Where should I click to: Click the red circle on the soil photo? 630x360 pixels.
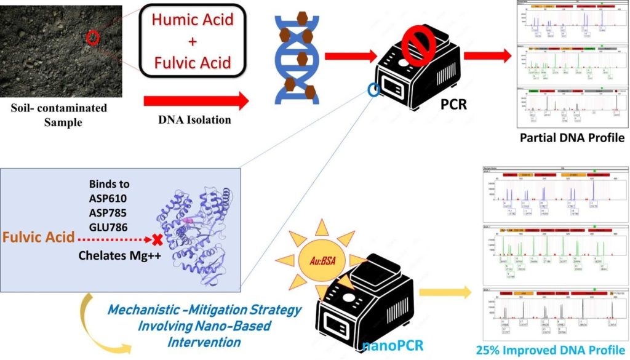(x=92, y=37)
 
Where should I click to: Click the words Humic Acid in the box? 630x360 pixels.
(x=194, y=20)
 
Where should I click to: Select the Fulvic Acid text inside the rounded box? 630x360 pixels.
(x=194, y=62)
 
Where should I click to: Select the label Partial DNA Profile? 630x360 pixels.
(x=572, y=138)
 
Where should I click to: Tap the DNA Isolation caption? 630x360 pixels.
(x=195, y=119)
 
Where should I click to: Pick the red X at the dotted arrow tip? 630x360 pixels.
(x=157, y=238)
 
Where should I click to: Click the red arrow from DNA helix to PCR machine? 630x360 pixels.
(x=349, y=57)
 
